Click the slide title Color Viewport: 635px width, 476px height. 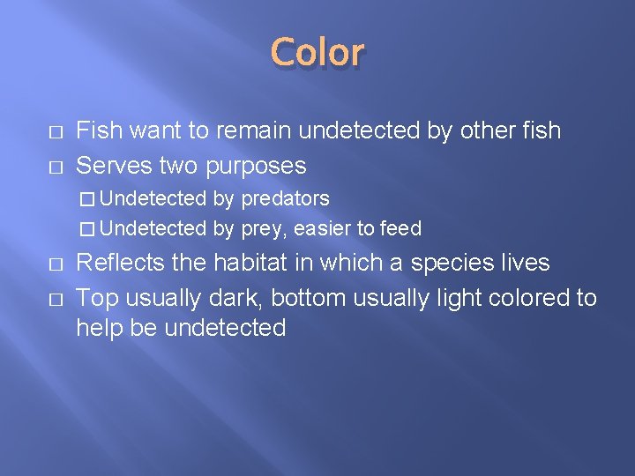[x=317, y=53]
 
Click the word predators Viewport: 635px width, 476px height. [x=285, y=199]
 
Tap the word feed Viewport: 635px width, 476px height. [x=401, y=229]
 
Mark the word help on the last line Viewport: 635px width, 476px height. [x=97, y=328]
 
